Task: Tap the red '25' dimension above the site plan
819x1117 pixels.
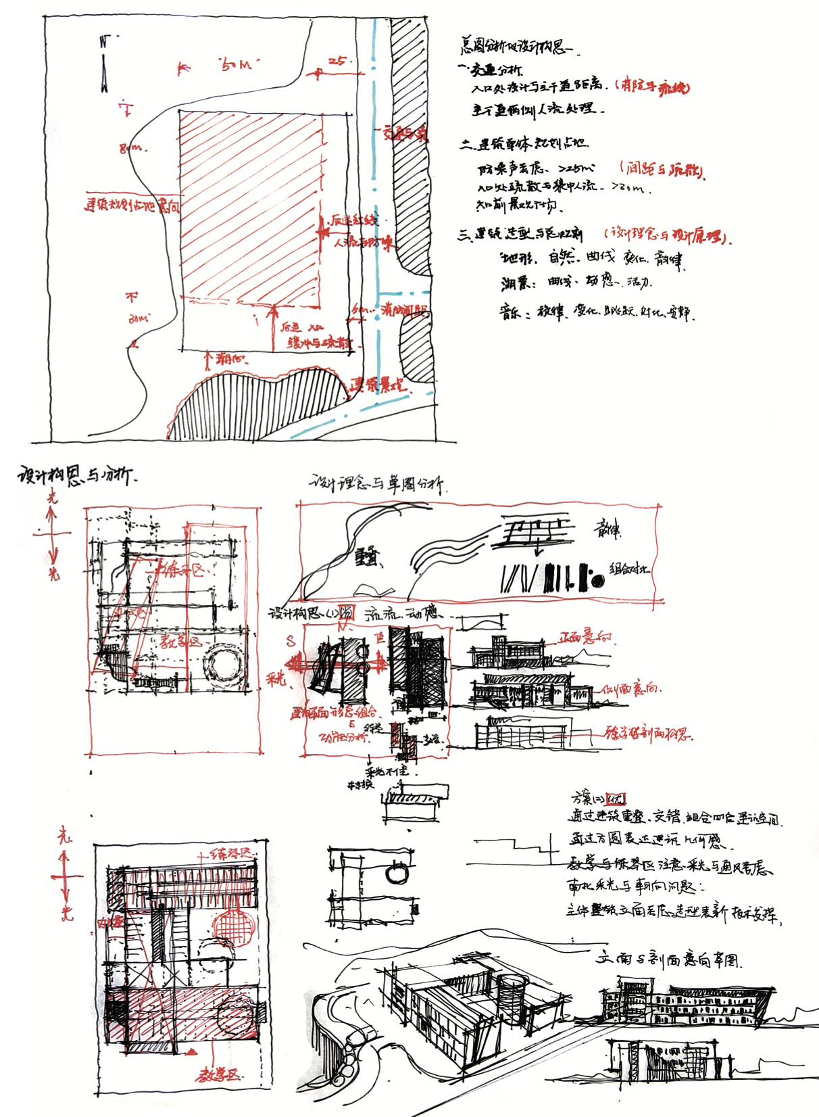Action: (336, 62)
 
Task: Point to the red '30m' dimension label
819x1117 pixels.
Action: (139, 318)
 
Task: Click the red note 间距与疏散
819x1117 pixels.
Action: (663, 169)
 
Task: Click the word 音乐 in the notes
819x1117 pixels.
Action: (512, 312)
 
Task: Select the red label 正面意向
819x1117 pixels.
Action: (585, 638)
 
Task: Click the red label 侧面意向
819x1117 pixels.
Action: (630, 689)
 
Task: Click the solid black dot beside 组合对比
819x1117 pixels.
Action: (597, 580)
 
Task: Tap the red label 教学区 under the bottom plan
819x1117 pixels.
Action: (218, 1074)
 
